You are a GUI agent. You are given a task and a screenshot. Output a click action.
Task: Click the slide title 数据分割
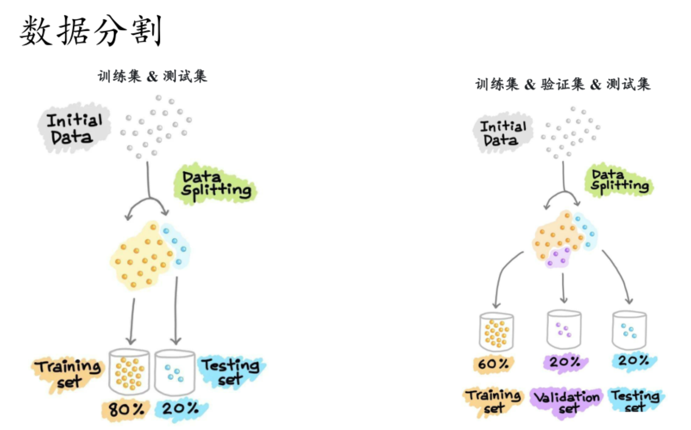tap(90, 31)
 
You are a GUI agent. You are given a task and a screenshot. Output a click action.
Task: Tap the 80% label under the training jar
tap(126, 409)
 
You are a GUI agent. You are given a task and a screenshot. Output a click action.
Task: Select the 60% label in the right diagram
tap(493, 364)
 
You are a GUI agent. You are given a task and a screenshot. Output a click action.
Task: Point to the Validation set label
tap(566, 402)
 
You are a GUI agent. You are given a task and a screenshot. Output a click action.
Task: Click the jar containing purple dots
tap(564, 329)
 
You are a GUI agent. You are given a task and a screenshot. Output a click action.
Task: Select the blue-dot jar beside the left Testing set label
tap(174, 373)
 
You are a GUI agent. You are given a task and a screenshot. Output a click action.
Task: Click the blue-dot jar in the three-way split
tap(629, 330)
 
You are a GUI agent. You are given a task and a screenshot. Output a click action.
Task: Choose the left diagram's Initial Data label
tap(74, 128)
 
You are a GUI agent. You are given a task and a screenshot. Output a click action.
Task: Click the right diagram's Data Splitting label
tap(619, 180)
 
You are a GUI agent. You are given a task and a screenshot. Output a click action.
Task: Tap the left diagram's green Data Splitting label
tap(215, 184)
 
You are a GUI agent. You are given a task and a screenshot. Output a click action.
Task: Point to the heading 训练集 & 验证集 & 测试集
tap(563, 84)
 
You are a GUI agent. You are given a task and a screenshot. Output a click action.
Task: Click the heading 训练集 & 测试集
tap(152, 76)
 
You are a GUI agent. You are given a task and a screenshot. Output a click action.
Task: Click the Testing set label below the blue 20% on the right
tap(635, 401)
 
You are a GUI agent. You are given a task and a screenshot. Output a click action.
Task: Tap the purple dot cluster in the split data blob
tap(558, 257)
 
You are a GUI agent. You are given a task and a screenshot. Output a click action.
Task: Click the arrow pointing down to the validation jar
tap(564, 288)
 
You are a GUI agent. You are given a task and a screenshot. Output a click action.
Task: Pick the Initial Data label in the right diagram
tap(502, 133)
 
